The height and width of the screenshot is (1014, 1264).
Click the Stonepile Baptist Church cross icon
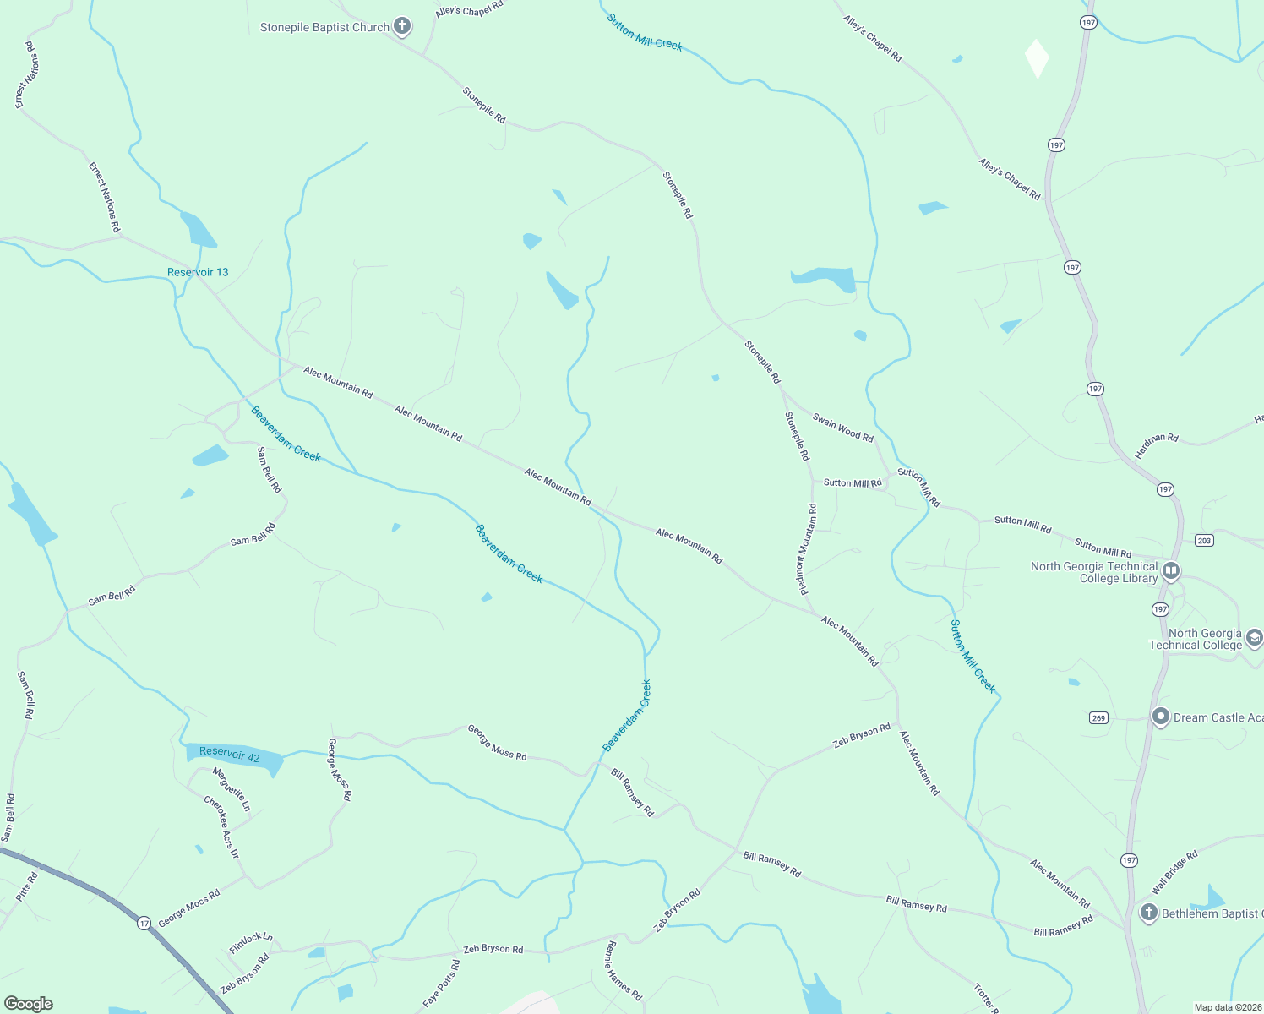403,26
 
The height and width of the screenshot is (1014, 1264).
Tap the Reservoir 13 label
198,272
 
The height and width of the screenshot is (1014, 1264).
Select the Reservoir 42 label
230,754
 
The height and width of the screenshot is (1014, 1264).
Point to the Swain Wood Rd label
842,427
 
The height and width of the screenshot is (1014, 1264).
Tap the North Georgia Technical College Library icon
1171,571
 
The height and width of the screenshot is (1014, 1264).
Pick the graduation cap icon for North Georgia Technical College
1255,638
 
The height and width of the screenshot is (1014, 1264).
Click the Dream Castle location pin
1161,717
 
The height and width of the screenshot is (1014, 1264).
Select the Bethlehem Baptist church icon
1148,913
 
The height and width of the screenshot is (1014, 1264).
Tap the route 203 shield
1204,540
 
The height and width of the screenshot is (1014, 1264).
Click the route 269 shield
1098,717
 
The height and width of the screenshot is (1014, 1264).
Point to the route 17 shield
144,923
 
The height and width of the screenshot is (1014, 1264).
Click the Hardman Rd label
1156,445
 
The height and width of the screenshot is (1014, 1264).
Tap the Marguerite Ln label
232,789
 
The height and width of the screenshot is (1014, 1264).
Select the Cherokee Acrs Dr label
221,827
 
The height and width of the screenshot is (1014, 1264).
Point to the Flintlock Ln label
251,943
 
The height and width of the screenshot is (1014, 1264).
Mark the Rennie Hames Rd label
624,971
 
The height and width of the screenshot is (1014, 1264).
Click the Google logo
29,1004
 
